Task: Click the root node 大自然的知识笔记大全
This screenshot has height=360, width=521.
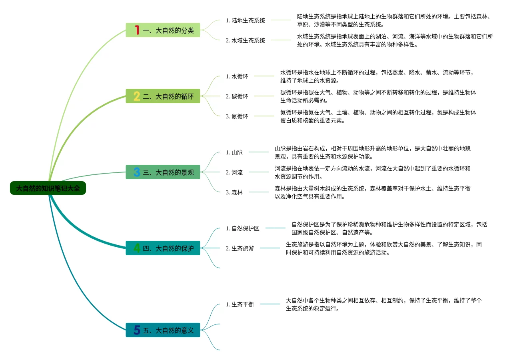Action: (x=48, y=188)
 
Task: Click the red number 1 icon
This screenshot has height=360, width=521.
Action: (x=137, y=30)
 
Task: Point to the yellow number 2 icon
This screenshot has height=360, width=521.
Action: (x=137, y=96)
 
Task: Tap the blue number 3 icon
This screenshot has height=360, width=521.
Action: (x=137, y=172)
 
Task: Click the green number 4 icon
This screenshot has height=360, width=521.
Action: (x=137, y=248)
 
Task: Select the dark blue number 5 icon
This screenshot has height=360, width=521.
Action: (x=137, y=330)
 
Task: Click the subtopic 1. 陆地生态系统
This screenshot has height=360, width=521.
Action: (x=245, y=20)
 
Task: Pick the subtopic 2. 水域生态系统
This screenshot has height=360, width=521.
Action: (x=245, y=40)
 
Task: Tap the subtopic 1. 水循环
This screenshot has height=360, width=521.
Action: (x=237, y=76)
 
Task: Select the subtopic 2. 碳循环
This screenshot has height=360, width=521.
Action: (x=237, y=96)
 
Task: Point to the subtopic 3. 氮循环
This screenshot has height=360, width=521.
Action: (x=237, y=116)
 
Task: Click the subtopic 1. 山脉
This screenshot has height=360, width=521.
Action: (x=234, y=152)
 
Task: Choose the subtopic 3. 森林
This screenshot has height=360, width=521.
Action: (x=234, y=192)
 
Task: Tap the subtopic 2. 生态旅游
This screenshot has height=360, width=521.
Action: (x=240, y=248)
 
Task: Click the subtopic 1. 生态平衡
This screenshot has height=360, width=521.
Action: (x=240, y=304)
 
